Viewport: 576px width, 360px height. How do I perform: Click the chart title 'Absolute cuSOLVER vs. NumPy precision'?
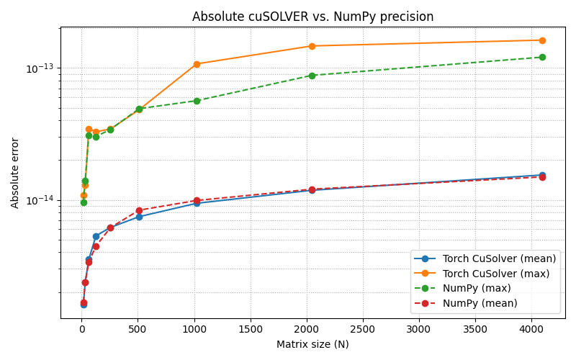pos(312,17)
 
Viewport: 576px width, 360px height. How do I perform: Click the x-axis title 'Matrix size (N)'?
pos(312,344)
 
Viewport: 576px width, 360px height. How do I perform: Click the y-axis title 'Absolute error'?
pos(15,173)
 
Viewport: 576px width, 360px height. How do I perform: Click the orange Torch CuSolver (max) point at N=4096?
pos(542,40)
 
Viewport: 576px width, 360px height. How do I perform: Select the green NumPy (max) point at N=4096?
pos(542,57)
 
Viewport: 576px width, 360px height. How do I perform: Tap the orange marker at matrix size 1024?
pos(197,64)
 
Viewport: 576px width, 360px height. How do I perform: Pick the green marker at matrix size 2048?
pos(312,76)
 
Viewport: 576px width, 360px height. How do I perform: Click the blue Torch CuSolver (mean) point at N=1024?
pos(197,203)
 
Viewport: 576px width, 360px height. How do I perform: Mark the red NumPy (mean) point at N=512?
pos(139,211)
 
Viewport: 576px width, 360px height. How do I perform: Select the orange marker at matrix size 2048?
pos(312,46)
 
